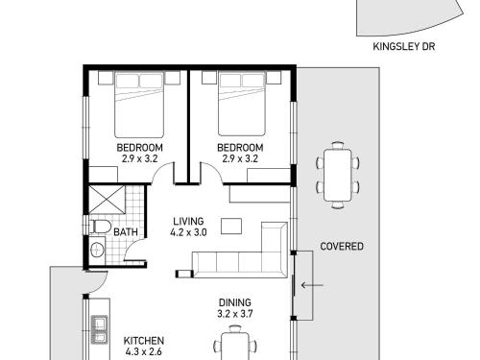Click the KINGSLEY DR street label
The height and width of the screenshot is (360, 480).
point(404,47)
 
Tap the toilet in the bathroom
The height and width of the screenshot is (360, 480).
point(100,227)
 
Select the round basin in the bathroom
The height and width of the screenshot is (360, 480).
point(97,250)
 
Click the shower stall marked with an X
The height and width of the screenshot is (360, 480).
point(107,199)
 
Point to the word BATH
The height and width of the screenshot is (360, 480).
point(126,231)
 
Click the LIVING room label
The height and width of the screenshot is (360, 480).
point(188,222)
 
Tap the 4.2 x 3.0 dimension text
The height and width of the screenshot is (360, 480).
point(188,232)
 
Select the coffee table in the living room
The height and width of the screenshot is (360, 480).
point(231,227)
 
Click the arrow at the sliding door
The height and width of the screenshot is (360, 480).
point(312,285)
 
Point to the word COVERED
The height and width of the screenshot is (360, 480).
point(342,247)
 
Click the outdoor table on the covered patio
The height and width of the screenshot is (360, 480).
point(338,175)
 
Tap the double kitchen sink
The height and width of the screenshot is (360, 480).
point(99,329)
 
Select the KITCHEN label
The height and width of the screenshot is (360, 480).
point(144,341)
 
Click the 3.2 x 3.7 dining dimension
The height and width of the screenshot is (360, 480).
point(235,314)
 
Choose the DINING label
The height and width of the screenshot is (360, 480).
point(235,302)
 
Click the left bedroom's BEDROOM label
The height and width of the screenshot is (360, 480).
point(139,148)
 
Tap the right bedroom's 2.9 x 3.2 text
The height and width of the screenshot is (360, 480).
point(240,158)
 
